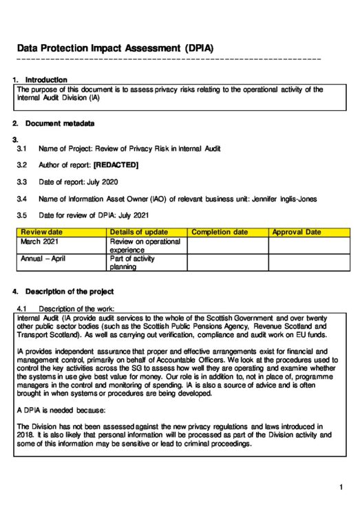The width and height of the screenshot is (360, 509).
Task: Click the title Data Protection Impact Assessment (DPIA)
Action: coord(115,49)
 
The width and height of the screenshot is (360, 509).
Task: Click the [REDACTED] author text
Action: coord(116,165)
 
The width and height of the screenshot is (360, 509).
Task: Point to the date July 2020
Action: coord(100,182)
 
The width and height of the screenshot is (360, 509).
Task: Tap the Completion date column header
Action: coord(220,232)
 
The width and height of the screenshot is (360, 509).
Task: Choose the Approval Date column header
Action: coord(297,232)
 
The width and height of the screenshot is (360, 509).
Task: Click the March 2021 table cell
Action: coord(40,242)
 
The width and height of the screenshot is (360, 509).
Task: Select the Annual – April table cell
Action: coord(43,259)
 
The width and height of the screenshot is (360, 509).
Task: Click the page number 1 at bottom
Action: coord(341,488)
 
